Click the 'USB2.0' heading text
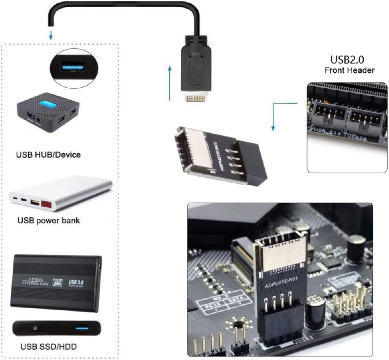[347, 60]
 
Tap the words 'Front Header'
[349, 70]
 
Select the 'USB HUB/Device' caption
[48, 154]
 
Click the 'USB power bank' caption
[48, 221]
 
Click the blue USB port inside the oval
[74, 66]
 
